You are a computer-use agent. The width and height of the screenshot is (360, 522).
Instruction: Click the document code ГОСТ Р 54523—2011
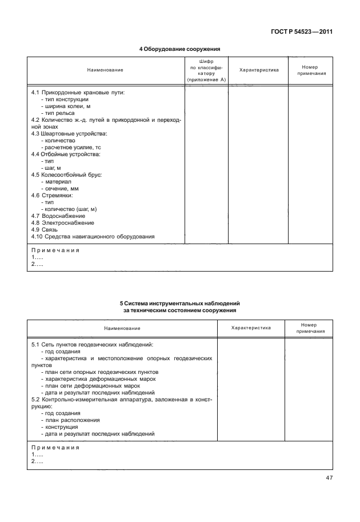point(302,31)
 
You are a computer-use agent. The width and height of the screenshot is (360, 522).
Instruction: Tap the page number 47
point(329,478)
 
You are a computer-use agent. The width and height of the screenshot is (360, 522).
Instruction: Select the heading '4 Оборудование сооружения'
point(180,49)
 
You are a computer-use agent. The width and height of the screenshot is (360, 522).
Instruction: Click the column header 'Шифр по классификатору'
point(206,70)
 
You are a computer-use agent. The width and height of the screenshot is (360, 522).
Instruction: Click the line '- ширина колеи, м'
point(66,106)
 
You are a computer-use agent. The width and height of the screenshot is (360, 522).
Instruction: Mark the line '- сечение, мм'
point(61,188)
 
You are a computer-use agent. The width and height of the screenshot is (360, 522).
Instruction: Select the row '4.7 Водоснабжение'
point(58,216)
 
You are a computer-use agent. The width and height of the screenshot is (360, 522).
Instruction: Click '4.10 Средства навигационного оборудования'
point(93,237)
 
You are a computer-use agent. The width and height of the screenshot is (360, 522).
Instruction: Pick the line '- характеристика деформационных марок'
point(98,378)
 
